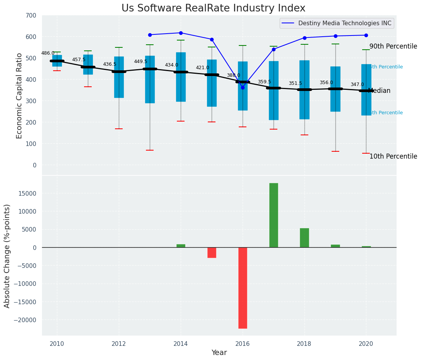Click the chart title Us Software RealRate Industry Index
pos(213,8)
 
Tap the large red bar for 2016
pos(243,288)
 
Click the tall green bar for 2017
pos(274,215)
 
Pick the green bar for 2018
pos(304,238)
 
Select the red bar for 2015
pos(212,253)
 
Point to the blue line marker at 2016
pos(243,88)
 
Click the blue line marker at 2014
pos(181,33)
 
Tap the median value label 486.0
pos(48,54)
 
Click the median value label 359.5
pos(264,82)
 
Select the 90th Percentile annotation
pos(393,47)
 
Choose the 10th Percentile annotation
pos(393,157)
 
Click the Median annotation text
pos(379,91)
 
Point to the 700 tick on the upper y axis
pos(31,16)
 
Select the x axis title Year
pos(219,353)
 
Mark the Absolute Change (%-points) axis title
pos(8,256)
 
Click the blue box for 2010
pos(57,61)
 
